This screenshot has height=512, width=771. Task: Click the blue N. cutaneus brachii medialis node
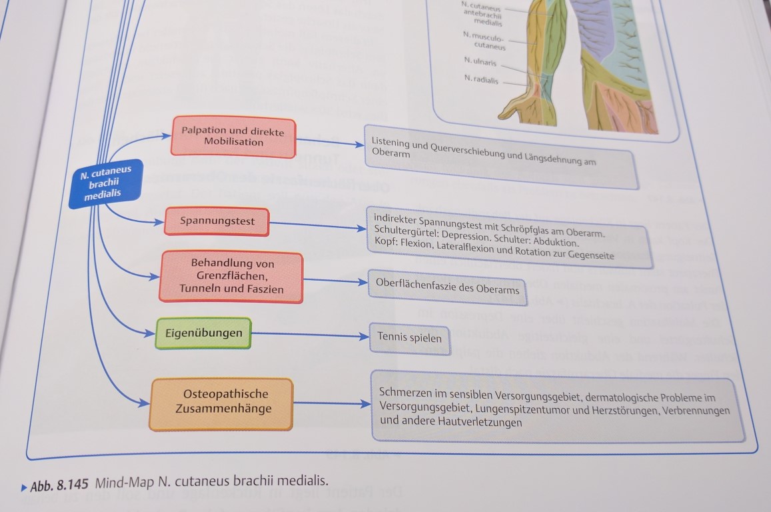(105, 183)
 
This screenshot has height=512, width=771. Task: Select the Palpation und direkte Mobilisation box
(233, 136)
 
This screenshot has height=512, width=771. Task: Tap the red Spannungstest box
(217, 221)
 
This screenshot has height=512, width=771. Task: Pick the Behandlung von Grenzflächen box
(231, 276)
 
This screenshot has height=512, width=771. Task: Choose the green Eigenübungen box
(203, 333)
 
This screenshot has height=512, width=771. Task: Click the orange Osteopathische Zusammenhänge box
(222, 404)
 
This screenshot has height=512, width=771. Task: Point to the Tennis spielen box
(409, 339)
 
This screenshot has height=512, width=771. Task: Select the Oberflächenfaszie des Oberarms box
(447, 287)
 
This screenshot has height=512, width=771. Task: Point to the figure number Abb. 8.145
(59, 485)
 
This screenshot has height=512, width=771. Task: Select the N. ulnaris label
(480, 61)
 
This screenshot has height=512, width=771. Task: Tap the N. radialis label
(481, 79)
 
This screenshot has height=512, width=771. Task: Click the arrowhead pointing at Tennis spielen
(365, 337)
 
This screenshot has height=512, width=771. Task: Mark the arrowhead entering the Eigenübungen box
(150, 333)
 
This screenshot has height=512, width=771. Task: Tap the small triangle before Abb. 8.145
(24, 488)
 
